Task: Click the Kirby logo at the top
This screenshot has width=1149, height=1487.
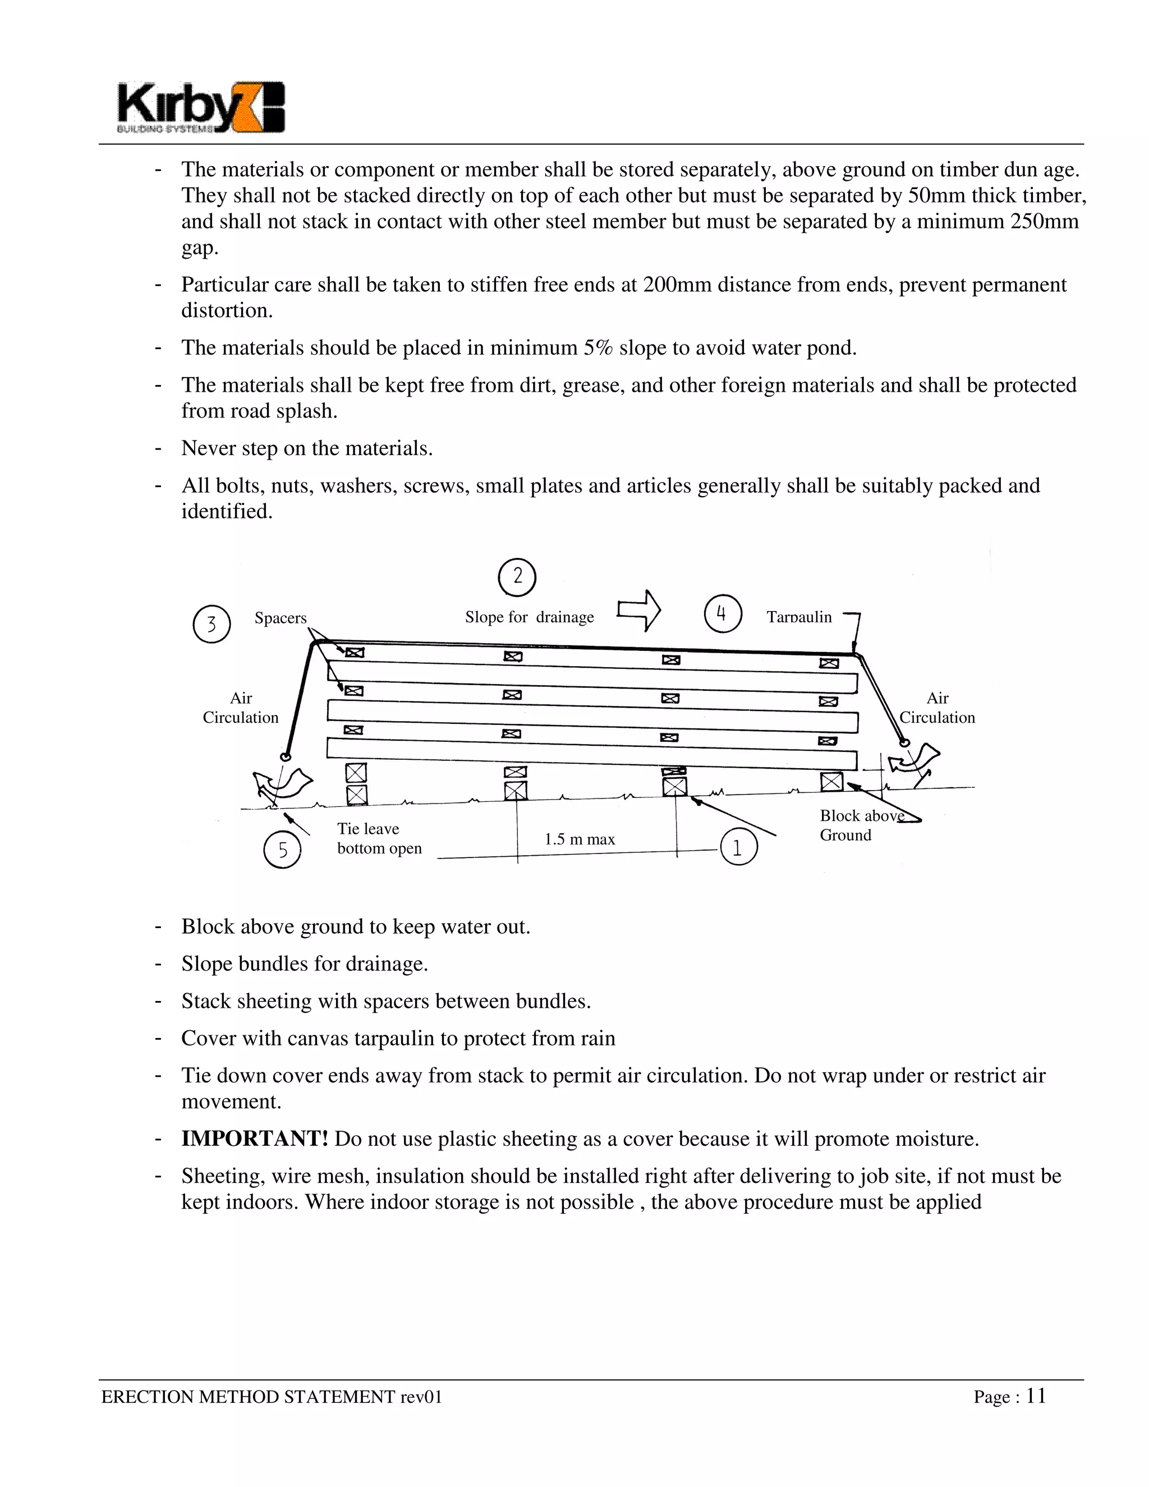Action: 201,108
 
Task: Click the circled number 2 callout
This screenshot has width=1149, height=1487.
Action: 517,577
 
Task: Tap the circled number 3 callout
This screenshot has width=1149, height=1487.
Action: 212,623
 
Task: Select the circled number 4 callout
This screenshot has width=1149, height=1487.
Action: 723,614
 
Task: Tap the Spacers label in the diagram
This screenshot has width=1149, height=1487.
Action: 281,618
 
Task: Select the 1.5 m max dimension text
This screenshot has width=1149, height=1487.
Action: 579,839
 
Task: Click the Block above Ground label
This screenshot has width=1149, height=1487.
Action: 861,825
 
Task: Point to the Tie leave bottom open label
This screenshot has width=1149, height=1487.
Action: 379,838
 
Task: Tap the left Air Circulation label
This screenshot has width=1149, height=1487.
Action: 241,708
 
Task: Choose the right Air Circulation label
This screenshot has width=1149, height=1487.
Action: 937,708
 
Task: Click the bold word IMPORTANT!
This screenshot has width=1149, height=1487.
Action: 255,1139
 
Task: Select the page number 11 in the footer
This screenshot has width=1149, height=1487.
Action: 1036,1397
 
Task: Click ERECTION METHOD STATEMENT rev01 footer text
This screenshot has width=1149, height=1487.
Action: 272,1397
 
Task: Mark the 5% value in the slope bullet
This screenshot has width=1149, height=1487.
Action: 598,348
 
